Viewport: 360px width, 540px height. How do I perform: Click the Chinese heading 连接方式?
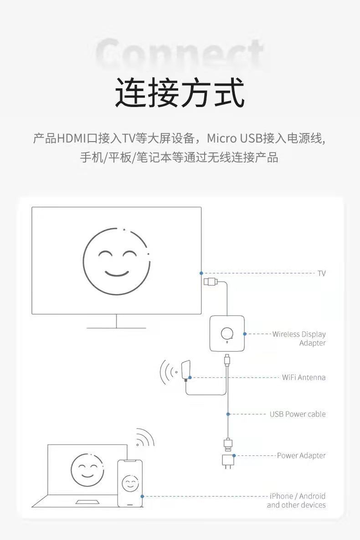pos(180,93)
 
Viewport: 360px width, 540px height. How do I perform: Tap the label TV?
pos(322,273)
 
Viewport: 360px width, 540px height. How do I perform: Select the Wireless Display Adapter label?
pos(299,338)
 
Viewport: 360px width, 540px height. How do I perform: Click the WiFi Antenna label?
pos(303,377)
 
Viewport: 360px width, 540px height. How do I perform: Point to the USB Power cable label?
pos(297,414)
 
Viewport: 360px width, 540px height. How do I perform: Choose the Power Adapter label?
pos(301,455)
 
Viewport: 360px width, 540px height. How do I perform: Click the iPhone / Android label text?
pos(297,496)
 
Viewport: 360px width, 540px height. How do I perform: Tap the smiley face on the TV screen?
pos(116,261)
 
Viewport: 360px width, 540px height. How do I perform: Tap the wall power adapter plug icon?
pos(227,460)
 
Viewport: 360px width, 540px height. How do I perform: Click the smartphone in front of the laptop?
pos(130,483)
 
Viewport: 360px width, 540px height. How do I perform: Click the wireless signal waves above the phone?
pos(145,438)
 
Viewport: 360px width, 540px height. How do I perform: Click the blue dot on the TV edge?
pos(201,273)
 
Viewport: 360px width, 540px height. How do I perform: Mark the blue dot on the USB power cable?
pos(228,414)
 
